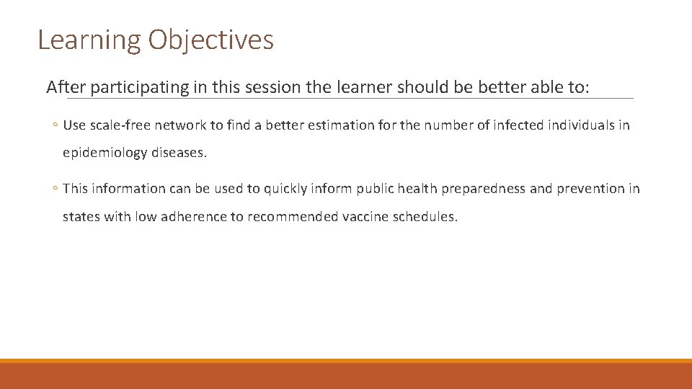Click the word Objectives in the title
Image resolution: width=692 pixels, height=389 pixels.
(x=211, y=40)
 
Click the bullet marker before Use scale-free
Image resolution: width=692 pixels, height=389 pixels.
(x=56, y=125)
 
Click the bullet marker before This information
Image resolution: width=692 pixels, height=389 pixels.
(x=56, y=189)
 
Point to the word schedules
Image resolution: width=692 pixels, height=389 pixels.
(x=425, y=217)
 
